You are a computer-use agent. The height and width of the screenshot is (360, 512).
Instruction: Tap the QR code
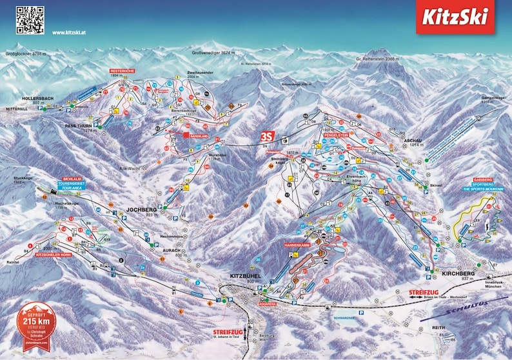(x=30, y=19)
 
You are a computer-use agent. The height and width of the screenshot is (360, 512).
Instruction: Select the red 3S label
(x=266, y=137)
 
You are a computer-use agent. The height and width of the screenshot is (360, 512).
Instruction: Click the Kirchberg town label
(x=458, y=274)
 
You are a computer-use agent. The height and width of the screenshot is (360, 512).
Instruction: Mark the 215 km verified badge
(x=36, y=323)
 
